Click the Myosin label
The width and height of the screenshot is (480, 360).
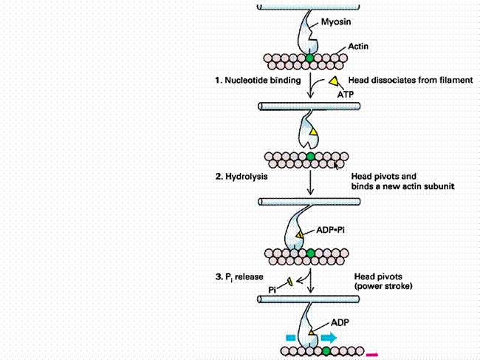(x=336, y=22)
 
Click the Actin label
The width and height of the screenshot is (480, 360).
(x=358, y=47)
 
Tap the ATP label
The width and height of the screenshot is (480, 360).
(x=346, y=95)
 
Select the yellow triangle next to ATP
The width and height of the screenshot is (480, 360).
(x=334, y=81)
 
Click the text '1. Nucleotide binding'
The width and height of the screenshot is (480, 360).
(x=258, y=81)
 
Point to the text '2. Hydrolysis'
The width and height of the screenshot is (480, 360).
(x=241, y=177)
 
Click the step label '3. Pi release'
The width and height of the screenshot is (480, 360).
(x=239, y=277)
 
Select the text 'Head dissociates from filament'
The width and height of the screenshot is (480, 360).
(x=411, y=81)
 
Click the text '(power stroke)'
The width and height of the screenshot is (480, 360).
(x=383, y=286)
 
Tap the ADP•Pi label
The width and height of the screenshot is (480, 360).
(x=330, y=230)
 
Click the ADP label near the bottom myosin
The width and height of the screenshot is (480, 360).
(x=340, y=322)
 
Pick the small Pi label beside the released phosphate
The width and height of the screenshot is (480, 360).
(x=272, y=290)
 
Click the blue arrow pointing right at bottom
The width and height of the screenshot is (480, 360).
(x=329, y=338)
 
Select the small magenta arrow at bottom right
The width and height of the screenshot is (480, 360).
(x=372, y=355)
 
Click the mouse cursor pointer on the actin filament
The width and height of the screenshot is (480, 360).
(x=336, y=166)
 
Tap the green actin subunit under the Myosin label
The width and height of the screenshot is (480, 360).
(x=310, y=58)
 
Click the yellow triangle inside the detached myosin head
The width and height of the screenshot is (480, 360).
(x=313, y=132)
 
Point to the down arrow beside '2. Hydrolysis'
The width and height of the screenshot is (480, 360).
(x=310, y=183)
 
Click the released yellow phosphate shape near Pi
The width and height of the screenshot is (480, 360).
(x=289, y=281)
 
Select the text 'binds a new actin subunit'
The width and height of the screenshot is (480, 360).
(x=403, y=186)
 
